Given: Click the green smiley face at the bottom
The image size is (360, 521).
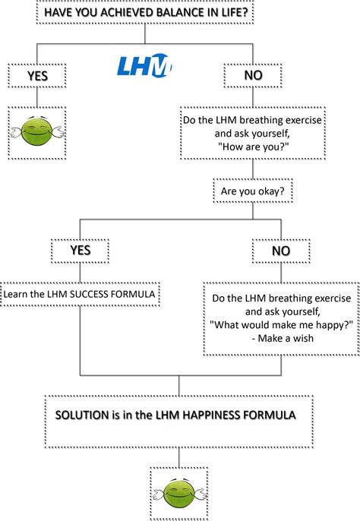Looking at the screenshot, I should point(179,494).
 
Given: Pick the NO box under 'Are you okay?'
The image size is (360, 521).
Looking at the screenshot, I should point(280,249).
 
